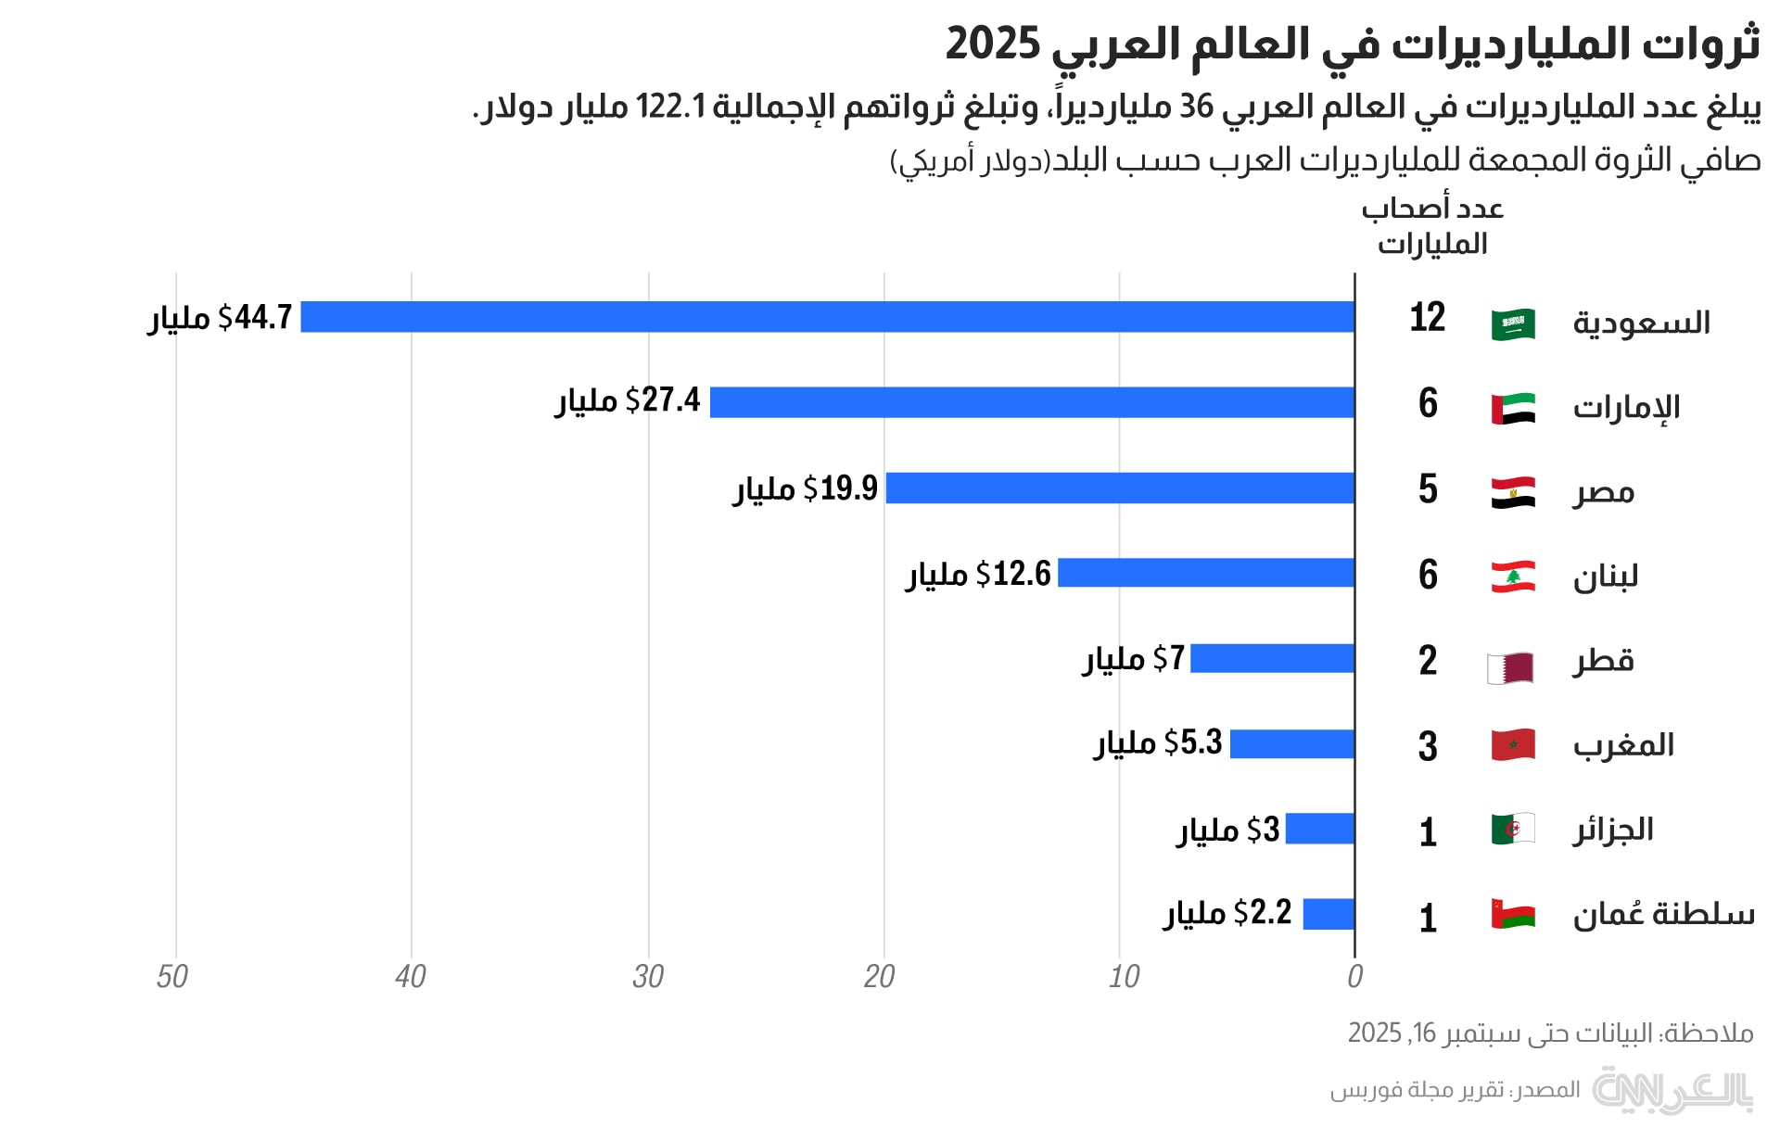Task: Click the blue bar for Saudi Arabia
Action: (x=827, y=317)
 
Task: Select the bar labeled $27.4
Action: (x=1032, y=402)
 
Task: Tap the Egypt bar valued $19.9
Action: (x=1120, y=488)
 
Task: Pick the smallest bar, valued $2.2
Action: (x=1329, y=914)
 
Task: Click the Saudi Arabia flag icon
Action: (x=1513, y=324)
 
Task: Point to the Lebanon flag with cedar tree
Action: (x=1513, y=577)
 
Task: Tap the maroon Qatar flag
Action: (x=1511, y=667)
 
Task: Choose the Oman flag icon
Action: (x=1513, y=914)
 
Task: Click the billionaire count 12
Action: (x=1428, y=318)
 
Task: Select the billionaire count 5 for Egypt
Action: (x=1428, y=489)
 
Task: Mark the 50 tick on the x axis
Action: (x=172, y=977)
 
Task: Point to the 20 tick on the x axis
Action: (x=880, y=977)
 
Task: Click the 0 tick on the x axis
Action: (x=1354, y=977)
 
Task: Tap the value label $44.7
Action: (x=255, y=318)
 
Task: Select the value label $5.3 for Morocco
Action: (x=1193, y=743)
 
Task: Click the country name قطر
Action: (x=1603, y=661)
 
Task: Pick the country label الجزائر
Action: (x=1613, y=830)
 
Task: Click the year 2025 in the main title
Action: (x=993, y=44)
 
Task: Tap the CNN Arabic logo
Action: (x=1672, y=1090)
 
